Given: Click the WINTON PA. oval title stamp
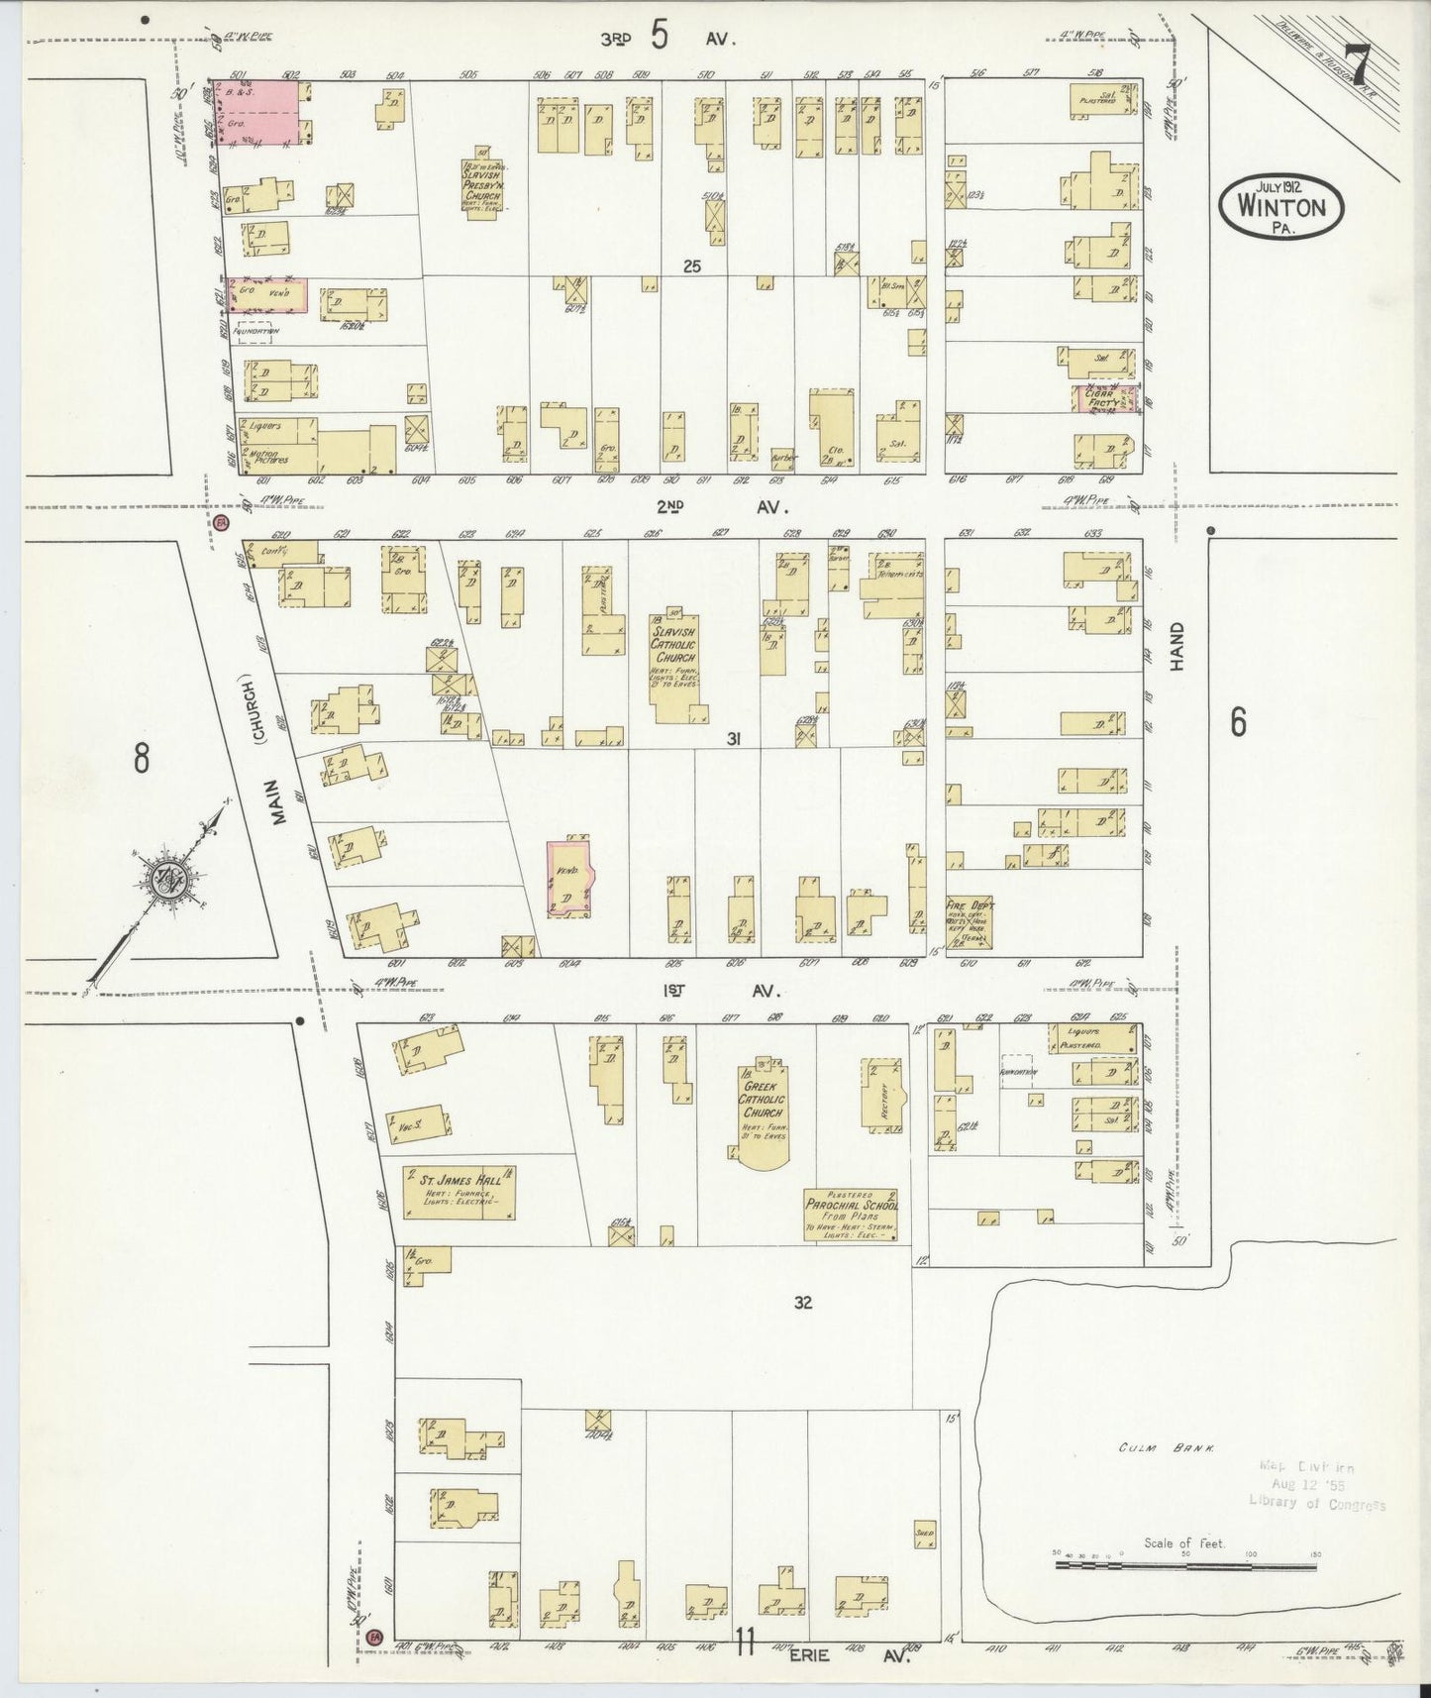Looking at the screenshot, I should [x=1287, y=207].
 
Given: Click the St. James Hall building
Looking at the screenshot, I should [x=459, y=1192].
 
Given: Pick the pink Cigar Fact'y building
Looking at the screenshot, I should [x=1104, y=399].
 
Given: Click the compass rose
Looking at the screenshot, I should [x=163, y=878].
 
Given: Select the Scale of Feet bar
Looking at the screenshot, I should [x=1184, y=1564].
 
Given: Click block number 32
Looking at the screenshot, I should [x=802, y=1303].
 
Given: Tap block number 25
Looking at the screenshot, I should [x=691, y=265].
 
